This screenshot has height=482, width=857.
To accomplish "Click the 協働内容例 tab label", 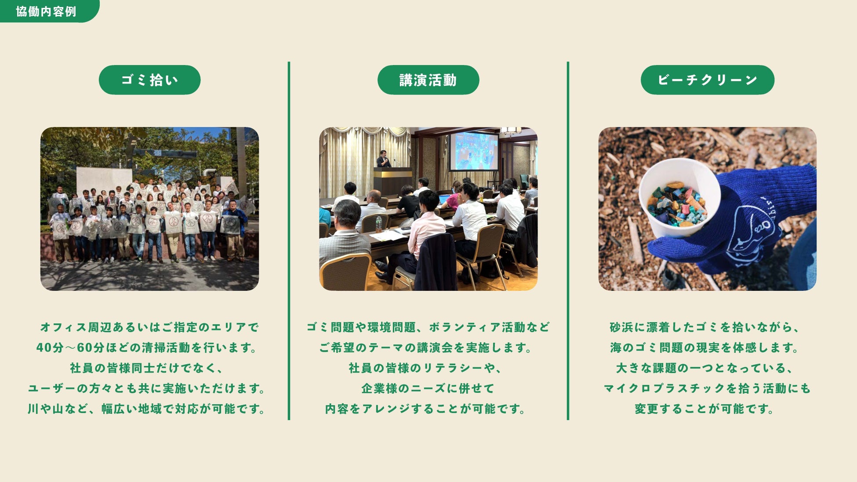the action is pyautogui.click(x=46, y=11).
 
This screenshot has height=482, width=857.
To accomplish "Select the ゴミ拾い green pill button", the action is pyautogui.click(x=149, y=80).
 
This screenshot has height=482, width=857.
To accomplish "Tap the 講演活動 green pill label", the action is pyautogui.click(x=428, y=80).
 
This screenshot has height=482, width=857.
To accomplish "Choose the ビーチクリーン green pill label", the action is pyautogui.click(x=707, y=80).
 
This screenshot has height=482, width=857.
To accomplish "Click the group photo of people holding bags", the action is pyautogui.click(x=149, y=209).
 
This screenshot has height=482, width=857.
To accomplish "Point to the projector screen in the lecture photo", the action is pyautogui.click(x=474, y=151).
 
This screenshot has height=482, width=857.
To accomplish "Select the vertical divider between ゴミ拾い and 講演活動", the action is pyautogui.click(x=289, y=241).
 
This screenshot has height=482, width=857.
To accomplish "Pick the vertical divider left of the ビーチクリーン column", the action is pyautogui.click(x=568, y=241).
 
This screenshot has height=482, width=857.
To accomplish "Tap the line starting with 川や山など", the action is pyautogui.click(x=147, y=409).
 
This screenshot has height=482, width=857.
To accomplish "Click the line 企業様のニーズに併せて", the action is pyautogui.click(x=428, y=388).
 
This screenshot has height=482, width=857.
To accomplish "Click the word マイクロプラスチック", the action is pyautogui.click(x=664, y=388).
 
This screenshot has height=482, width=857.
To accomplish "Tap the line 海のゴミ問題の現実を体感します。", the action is pyautogui.click(x=705, y=348).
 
